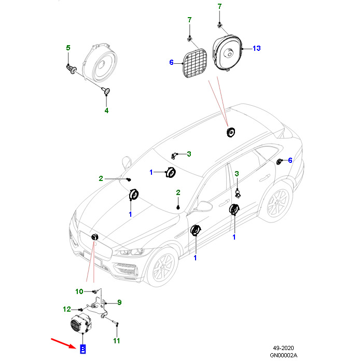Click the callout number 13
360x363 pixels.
(256, 48)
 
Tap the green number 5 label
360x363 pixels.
(68, 48)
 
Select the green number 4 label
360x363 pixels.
(106, 110)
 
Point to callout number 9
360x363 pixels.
(119, 302)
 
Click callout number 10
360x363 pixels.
(79, 291)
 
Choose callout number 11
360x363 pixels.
(116, 341)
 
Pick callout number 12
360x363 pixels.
(67, 309)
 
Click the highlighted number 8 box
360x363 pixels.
(82, 349)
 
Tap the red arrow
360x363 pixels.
(63, 343)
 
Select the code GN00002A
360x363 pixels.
(284, 355)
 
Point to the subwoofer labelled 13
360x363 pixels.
(228, 53)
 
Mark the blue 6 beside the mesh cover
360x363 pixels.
(171, 63)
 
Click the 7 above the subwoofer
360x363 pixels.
(219, 7)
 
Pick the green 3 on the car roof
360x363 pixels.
(189, 153)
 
